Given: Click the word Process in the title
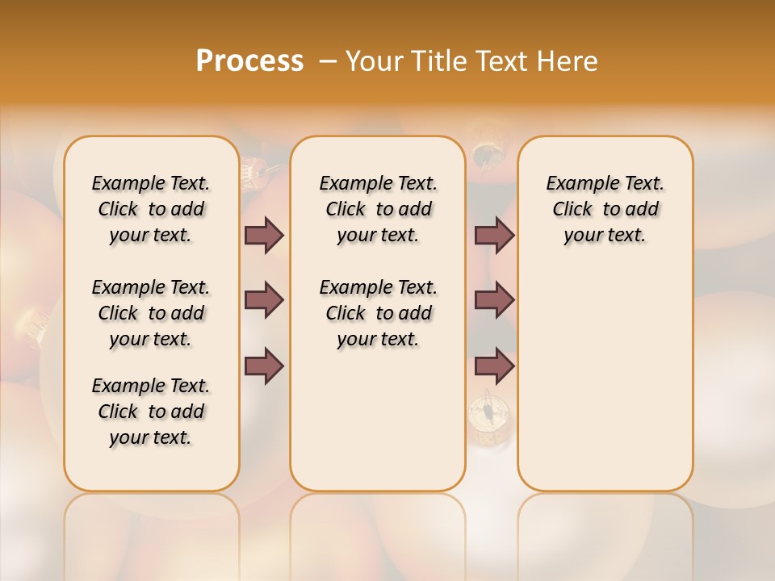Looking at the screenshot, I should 249,61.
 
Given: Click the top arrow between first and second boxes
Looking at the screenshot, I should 264,235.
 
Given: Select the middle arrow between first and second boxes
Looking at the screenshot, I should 264,301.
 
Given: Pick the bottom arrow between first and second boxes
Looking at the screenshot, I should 264,366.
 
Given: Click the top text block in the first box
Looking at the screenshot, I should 151,209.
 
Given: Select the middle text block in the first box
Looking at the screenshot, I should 151,313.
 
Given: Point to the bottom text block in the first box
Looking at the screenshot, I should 151,412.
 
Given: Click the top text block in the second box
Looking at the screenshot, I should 378,209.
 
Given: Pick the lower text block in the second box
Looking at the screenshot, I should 378,313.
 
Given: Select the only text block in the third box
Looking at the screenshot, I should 605,209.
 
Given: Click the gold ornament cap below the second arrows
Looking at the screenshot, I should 489,416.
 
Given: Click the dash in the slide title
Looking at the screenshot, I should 328,61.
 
